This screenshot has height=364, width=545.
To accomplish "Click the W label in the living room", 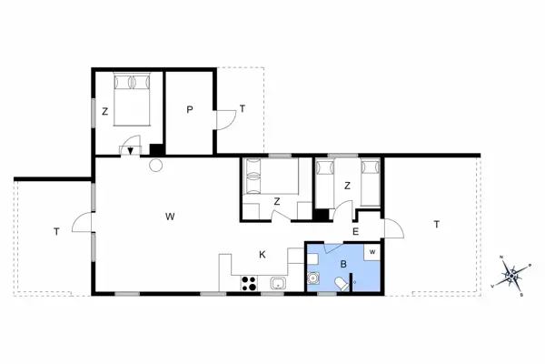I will [170, 217].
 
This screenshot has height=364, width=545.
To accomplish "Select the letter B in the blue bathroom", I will [343, 264].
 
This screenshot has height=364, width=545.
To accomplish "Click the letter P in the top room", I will [190, 109].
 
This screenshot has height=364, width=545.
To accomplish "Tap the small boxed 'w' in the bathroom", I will [372, 250].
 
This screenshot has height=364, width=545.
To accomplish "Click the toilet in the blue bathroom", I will [341, 285].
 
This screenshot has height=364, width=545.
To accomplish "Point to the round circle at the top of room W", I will [155, 166].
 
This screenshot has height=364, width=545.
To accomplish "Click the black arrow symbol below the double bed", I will [132, 151].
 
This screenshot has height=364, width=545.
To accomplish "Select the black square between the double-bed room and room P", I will [156, 150].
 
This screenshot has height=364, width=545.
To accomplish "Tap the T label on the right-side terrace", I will [436, 224].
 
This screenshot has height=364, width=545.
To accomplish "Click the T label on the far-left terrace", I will [55, 232].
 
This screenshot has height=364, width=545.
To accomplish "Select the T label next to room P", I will [242, 109].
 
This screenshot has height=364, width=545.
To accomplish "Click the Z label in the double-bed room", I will [105, 112].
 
